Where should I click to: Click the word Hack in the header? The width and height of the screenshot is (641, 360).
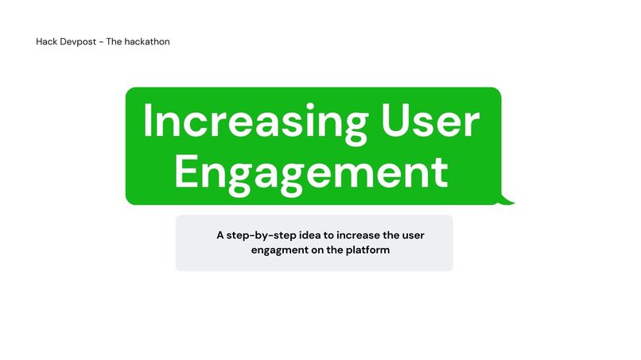tap(46, 41)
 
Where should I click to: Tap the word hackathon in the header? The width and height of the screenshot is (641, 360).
tap(148, 41)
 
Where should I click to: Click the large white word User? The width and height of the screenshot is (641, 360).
tap(430, 123)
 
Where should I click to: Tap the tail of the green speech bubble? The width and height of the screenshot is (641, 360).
tap(506, 200)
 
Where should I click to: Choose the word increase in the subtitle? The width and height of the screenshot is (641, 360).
tap(358, 235)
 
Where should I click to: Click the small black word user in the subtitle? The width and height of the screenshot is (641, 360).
tap(417, 235)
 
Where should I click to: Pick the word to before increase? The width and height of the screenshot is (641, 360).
tap(329, 235)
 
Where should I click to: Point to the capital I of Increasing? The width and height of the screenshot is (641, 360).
tap(148, 123)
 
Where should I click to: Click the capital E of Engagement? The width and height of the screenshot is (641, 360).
tap(188, 171)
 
